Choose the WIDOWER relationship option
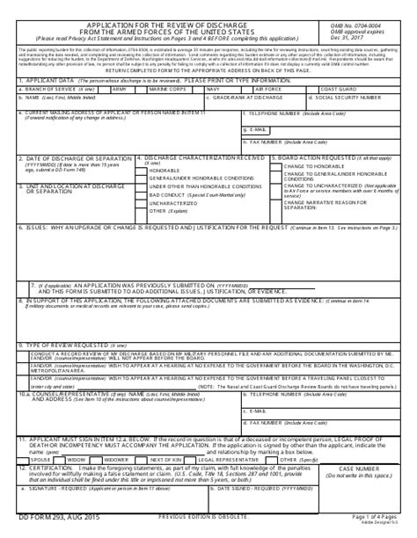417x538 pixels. (x=116, y=460)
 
